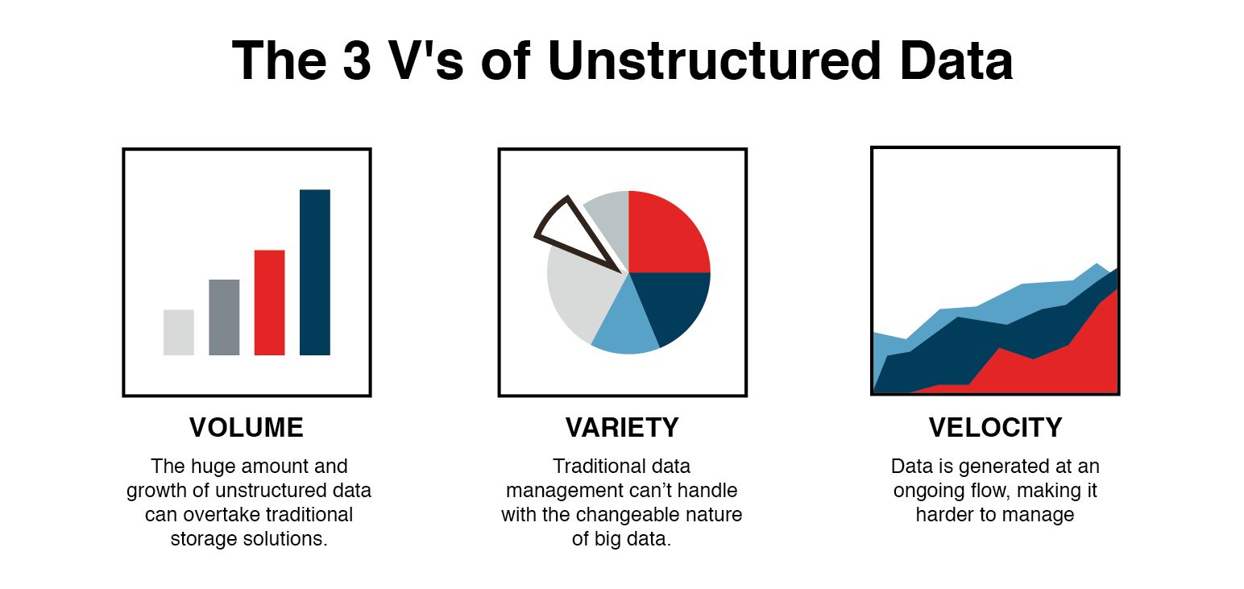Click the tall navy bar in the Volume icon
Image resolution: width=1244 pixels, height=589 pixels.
pos(314,272)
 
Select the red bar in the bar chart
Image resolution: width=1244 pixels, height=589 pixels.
pos(269,303)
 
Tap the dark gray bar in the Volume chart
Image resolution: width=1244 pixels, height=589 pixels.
pos(224,317)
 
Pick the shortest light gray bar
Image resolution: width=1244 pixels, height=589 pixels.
pos(178,332)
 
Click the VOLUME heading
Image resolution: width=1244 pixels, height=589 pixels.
pos(247,427)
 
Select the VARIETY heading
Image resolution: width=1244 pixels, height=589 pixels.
pos(622,427)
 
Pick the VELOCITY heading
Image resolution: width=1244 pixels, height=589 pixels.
pos(995,427)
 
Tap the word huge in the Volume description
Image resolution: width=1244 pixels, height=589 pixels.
pos(206,467)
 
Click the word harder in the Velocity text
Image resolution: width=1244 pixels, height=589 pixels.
pos(943,515)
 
